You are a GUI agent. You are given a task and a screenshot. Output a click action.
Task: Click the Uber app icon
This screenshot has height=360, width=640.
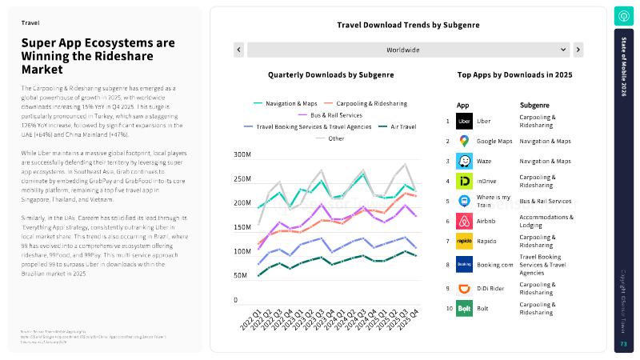(464, 122)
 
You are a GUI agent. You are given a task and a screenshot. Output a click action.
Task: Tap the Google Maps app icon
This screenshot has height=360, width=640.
(464, 142)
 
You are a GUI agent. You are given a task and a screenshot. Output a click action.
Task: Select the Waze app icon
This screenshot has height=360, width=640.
(464, 162)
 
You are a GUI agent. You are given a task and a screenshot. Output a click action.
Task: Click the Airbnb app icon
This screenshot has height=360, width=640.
(464, 222)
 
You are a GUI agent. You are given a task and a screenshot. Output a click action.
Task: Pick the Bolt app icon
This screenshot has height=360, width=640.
(464, 308)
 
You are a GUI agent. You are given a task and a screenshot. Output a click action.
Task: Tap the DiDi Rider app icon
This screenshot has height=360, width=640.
(464, 288)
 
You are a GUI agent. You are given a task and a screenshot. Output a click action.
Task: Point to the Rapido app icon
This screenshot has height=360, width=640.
(464, 242)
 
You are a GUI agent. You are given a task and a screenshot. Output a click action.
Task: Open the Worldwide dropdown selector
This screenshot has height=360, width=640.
(408, 50)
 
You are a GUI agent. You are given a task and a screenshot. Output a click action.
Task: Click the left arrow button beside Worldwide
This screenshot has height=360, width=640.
(238, 50)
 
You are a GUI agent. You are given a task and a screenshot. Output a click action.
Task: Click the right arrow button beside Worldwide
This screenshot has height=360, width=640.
(578, 50)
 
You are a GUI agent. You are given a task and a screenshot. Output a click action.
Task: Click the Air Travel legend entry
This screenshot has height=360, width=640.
(401, 126)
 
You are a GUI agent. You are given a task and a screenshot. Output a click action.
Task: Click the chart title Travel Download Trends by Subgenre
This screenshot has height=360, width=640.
(409, 26)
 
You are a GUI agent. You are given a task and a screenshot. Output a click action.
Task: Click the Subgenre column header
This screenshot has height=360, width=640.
(534, 105)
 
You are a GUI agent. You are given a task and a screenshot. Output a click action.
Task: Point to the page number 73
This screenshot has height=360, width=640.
(623, 344)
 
